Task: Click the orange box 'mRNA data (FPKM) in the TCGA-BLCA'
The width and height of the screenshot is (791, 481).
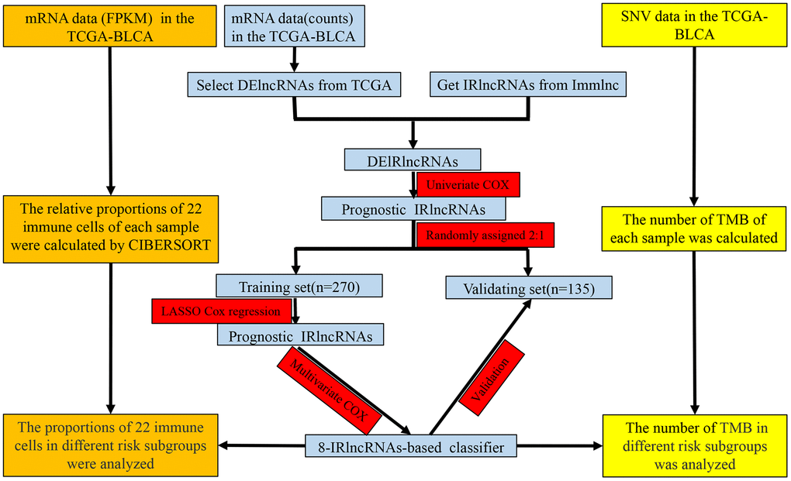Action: (111, 26)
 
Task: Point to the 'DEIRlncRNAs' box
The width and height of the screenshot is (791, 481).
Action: (413, 160)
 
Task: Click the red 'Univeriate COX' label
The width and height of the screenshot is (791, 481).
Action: (468, 185)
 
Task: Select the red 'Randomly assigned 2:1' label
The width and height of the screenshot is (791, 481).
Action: (485, 234)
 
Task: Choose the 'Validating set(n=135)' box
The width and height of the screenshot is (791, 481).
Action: (529, 288)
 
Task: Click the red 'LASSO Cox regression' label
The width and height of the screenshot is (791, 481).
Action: (222, 311)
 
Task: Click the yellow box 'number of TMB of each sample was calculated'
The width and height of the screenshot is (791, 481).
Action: (693, 227)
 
